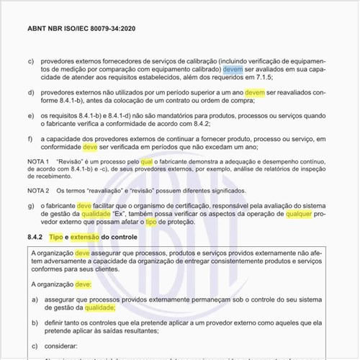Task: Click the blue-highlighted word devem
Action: pyautogui.click(x=233, y=71)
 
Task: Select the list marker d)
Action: pyautogui.click(x=30, y=93)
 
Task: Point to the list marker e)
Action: pyautogui.click(x=30, y=116)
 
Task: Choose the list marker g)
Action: pyautogui.click(x=30, y=206)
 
